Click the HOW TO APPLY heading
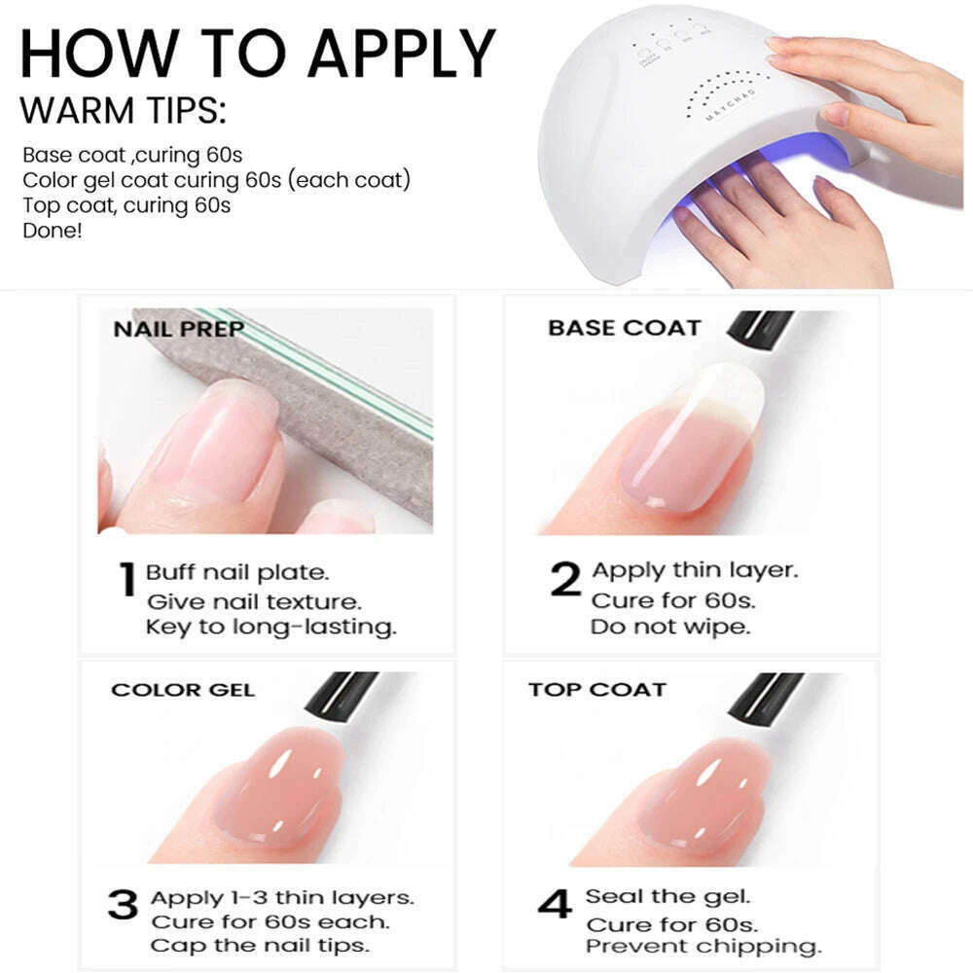click(258, 54)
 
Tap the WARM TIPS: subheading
click(123, 111)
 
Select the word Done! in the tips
click(53, 231)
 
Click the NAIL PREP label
click(179, 328)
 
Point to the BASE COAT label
click(625, 328)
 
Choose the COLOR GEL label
click(183, 690)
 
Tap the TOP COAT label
click(597, 690)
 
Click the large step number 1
click(127, 579)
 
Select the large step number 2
click(565, 578)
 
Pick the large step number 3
click(123, 904)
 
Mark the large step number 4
click(555, 904)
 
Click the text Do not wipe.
click(670, 628)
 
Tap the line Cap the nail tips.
click(260, 946)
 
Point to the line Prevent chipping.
click(703, 947)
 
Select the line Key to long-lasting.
click(271, 628)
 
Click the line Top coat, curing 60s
click(126, 205)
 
